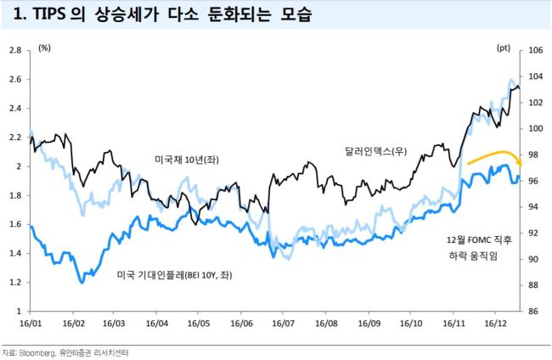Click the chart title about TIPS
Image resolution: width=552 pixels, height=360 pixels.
162,14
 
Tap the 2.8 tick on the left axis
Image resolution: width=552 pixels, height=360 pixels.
15,50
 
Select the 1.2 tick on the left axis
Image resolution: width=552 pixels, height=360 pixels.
15,282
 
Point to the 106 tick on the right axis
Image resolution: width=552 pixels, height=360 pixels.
536,50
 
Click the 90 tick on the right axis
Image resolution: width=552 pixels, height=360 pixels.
533,259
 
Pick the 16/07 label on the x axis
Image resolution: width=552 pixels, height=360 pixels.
284,323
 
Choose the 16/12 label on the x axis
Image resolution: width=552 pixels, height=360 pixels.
496,323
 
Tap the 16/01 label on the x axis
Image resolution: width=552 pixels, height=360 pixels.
31,323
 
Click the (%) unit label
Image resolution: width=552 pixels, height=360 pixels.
44,48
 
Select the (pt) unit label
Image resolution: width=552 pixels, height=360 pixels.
504,48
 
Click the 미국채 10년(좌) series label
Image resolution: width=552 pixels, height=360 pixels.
187,160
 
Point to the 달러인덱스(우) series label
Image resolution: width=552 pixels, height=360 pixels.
376,151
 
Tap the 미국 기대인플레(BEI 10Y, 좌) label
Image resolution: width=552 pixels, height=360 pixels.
175,274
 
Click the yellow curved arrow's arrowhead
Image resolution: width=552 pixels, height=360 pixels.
519,161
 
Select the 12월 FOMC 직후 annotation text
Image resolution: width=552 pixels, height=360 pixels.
479,239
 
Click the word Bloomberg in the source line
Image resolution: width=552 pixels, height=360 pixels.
37,352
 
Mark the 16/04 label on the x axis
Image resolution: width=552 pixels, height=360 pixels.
157,323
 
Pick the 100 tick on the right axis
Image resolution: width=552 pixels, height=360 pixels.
536,128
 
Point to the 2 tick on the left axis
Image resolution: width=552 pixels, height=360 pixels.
19,166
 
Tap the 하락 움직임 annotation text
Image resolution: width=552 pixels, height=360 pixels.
474,256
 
